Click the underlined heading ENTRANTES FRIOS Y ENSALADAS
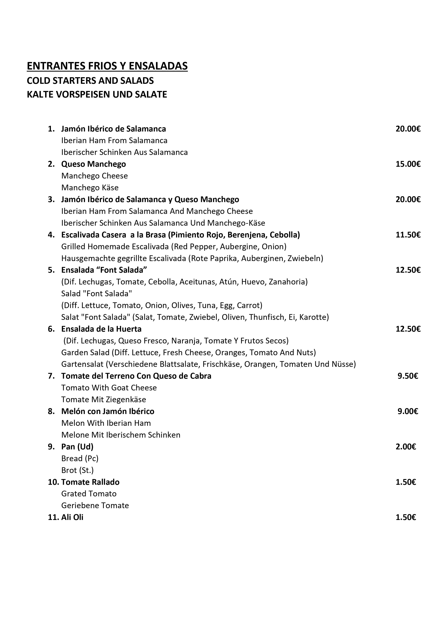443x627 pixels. (107, 66)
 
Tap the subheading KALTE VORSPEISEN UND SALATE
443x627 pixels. (97, 95)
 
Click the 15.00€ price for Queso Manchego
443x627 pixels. (408, 164)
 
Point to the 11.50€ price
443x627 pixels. (408, 235)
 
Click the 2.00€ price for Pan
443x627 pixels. (406, 447)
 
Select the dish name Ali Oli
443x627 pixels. (72, 517)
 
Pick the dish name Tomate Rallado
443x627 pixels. (90, 482)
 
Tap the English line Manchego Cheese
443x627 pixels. (94, 176)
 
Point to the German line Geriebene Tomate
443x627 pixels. (95, 505)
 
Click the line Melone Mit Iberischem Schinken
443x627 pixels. (121, 435)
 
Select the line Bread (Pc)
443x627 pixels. (80, 459)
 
